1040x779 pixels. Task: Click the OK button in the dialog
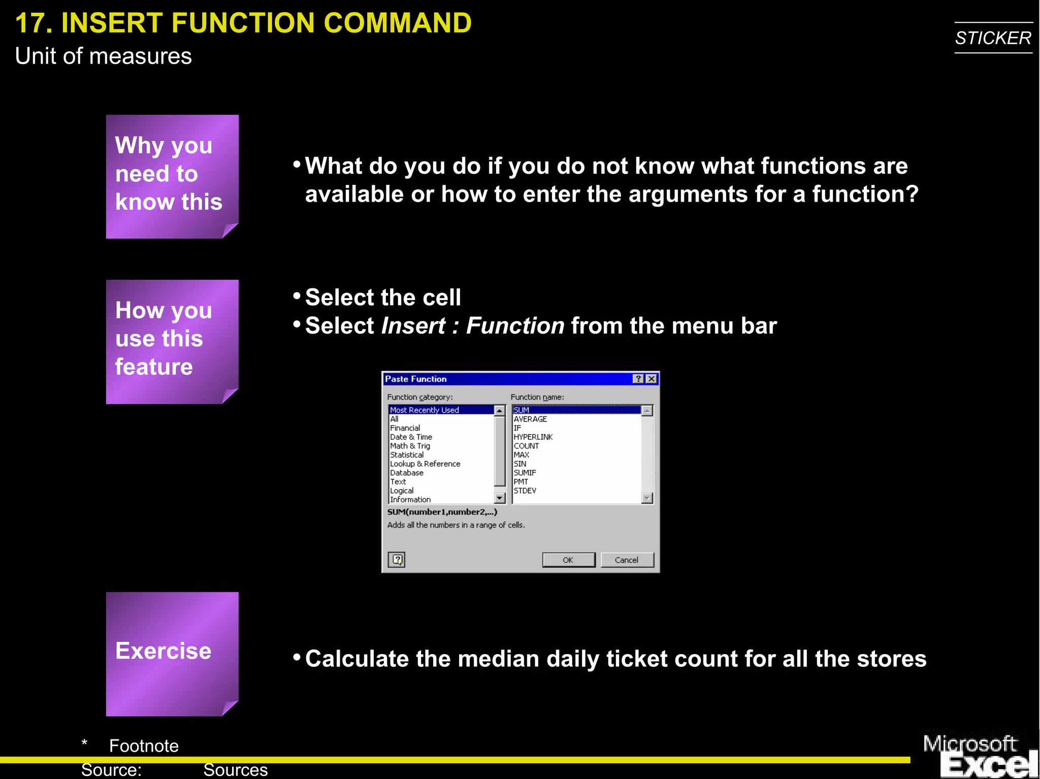point(568,560)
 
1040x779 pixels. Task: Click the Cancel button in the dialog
point(627,560)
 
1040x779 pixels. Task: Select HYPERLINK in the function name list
point(533,437)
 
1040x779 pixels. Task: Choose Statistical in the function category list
point(407,455)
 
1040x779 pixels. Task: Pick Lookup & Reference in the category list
point(425,464)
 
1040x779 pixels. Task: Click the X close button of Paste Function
point(652,379)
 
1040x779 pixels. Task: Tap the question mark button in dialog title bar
point(638,379)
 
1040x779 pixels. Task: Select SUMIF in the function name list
point(525,473)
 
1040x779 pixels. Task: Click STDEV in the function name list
point(525,491)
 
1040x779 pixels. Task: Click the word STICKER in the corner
point(993,38)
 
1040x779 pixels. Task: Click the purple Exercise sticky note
point(172,654)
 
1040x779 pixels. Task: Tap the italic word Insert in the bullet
point(413,326)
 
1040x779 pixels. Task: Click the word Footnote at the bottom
point(144,745)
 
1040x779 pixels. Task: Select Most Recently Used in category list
point(425,410)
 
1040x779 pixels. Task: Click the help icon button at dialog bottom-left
point(397,560)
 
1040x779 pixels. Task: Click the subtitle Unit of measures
point(103,56)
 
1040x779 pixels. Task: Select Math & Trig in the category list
point(410,446)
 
